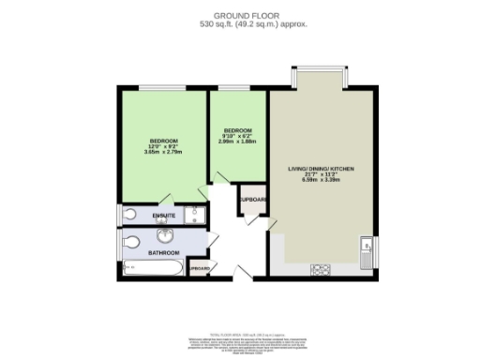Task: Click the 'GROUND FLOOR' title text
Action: [239, 15]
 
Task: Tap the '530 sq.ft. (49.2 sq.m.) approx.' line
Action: [239, 25]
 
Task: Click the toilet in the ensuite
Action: [130, 215]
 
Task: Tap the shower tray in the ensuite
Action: [191, 215]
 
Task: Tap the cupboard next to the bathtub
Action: [199, 268]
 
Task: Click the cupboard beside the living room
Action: [253, 202]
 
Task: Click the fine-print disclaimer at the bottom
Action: [240, 339]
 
